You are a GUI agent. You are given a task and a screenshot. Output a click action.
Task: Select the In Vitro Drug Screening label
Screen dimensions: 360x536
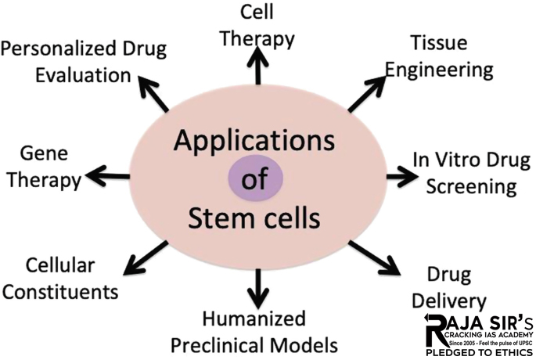(465, 172)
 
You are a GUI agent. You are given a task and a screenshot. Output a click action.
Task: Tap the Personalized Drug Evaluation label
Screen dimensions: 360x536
(83, 62)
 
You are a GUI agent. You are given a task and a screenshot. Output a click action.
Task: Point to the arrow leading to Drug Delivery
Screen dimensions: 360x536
(374, 257)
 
